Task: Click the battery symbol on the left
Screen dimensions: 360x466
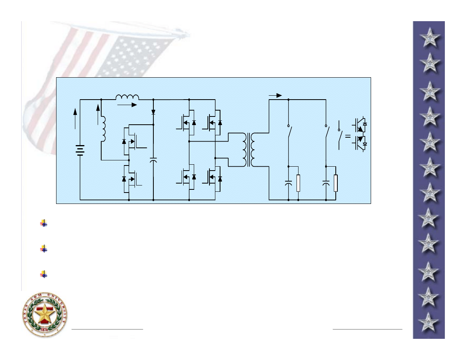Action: coord(80,149)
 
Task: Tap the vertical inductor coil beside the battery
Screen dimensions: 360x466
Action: coord(104,128)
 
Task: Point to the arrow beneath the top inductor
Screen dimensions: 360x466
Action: coord(128,105)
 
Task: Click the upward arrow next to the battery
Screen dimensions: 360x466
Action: coord(75,118)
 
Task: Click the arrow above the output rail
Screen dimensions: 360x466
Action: coord(276,95)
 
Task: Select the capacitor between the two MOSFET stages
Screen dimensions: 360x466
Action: coord(153,160)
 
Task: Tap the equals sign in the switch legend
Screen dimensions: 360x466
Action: coord(348,136)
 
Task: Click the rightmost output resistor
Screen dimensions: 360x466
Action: coord(336,183)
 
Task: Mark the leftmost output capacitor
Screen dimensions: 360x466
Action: coord(288,183)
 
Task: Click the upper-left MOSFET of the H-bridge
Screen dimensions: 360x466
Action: coord(185,123)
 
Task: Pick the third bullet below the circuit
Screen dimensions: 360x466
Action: coord(44,275)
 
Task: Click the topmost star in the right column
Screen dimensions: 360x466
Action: coord(430,38)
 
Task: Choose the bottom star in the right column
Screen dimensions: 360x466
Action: coord(429,322)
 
